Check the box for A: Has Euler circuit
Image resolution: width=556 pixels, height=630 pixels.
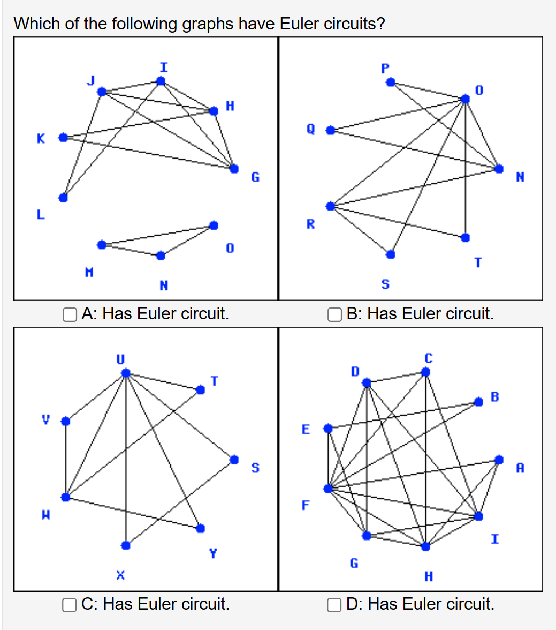point(70,314)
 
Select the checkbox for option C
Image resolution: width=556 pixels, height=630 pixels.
point(70,605)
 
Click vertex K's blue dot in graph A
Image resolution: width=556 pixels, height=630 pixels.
point(63,138)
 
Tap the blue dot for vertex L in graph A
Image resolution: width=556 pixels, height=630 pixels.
point(63,198)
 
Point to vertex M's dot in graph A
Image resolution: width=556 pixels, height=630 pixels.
point(102,245)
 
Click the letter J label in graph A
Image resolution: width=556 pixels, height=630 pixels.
point(91,80)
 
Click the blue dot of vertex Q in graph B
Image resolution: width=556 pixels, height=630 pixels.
point(331,130)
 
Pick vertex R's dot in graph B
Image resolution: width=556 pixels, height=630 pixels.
point(331,206)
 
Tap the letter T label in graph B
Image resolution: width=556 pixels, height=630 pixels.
point(478,262)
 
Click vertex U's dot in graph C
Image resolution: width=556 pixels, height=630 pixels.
point(125,373)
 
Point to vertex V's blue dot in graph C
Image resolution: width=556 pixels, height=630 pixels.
point(65,421)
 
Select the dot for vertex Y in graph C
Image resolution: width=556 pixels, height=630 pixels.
point(200,528)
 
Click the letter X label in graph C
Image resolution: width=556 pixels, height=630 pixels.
point(121,575)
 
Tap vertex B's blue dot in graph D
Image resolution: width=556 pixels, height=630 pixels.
point(478,402)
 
